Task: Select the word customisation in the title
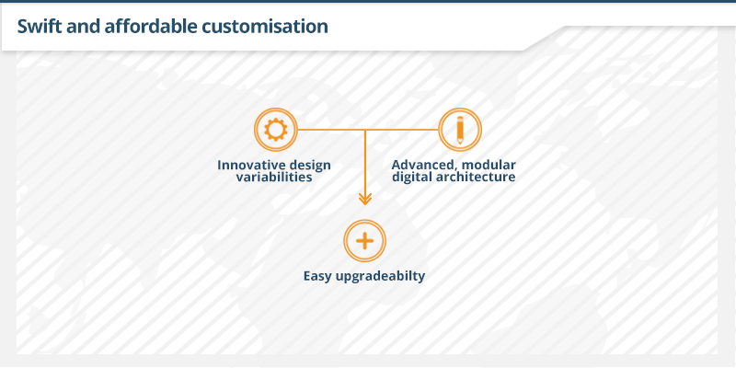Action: pyautogui.click(x=265, y=27)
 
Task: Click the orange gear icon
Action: pyautogui.click(x=275, y=130)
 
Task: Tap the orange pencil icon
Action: pyautogui.click(x=460, y=130)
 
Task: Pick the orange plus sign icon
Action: pyautogui.click(x=364, y=241)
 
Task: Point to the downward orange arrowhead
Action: pyautogui.click(x=365, y=199)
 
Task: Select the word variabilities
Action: pyautogui.click(x=274, y=177)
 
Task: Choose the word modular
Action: pyautogui.click(x=490, y=166)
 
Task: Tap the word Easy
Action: pyautogui.click(x=317, y=276)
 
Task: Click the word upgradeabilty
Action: pyautogui.click(x=381, y=276)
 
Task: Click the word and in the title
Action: pyautogui.click(x=84, y=27)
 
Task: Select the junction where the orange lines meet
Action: pyautogui.click(x=365, y=130)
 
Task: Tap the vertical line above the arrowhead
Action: pyautogui.click(x=365, y=162)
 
